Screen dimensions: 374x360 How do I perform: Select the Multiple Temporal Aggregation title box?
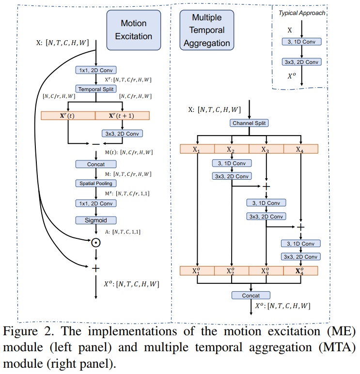207,30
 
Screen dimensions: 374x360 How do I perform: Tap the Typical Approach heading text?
301,13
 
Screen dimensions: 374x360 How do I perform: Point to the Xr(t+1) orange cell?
122,115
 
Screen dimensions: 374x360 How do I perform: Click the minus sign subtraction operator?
95,144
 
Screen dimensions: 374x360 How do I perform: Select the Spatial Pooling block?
95,183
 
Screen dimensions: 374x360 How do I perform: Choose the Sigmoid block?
95,220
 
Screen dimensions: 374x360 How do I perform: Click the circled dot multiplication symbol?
95,242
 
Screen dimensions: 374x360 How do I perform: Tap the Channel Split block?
250,123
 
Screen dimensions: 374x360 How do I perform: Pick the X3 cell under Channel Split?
266,149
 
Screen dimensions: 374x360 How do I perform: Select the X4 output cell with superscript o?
300,271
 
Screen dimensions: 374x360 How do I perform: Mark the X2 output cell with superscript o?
232,271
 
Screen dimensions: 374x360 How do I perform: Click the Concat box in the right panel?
250,295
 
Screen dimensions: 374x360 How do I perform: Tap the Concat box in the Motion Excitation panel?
95,164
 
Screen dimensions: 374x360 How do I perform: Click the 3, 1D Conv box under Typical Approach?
301,42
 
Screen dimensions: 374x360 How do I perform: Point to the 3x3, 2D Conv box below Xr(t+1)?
122,133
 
